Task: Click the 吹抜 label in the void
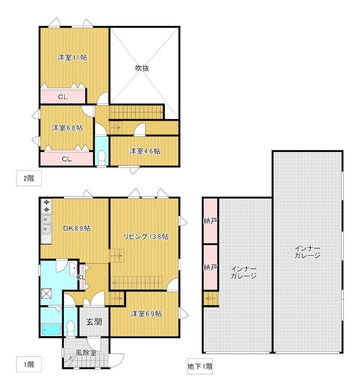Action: click(142, 68)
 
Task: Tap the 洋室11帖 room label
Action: click(72, 57)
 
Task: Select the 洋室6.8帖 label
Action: click(67, 128)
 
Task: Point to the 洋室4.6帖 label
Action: click(145, 151)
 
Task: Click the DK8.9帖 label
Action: click(77, 228)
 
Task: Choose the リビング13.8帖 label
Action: click(146, 237)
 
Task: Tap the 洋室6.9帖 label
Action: click(146, 314)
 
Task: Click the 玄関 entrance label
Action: click(94, 321)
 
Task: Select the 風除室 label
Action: click(86, 353)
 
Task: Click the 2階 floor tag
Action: click(29, 178)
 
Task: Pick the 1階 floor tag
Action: click(29, 364)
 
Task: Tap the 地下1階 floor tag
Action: click(200, 366)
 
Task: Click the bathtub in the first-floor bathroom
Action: click(51, 330)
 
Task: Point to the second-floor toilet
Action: click(102, 158)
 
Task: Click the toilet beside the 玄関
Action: click(71, 328)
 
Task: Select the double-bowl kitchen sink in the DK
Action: click(47, 224)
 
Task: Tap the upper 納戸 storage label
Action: click(210, 221)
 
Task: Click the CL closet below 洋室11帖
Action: click(63, 97)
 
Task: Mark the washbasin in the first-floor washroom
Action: click(73, 268)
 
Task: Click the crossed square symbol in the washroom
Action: click(46, 293)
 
